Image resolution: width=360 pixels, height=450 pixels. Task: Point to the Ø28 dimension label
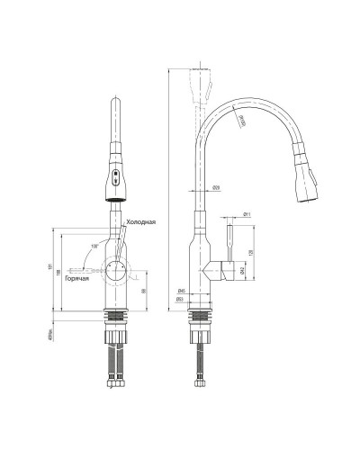pos(217,187)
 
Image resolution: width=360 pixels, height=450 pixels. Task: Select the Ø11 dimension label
pos(247,214)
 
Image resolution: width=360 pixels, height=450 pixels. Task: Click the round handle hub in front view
pos(115,267)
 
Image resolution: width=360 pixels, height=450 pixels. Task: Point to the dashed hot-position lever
pos(84,265)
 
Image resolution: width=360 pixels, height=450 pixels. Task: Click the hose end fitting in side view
pos(202,393)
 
